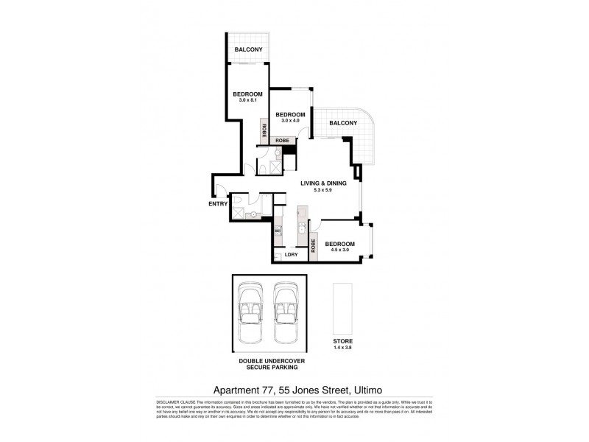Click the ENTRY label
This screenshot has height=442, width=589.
coord(218,204)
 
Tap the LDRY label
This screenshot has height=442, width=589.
coord(292,255)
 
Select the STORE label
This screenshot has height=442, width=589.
coord(342,341)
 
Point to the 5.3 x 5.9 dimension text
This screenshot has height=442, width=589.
coord(322,191)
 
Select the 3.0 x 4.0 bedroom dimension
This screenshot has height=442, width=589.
coord(291,121)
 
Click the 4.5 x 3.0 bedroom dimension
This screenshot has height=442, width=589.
coord(340,250)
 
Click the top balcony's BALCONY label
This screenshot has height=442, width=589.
coord(248,49)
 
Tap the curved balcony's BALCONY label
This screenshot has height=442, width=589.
coord(343,123)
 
